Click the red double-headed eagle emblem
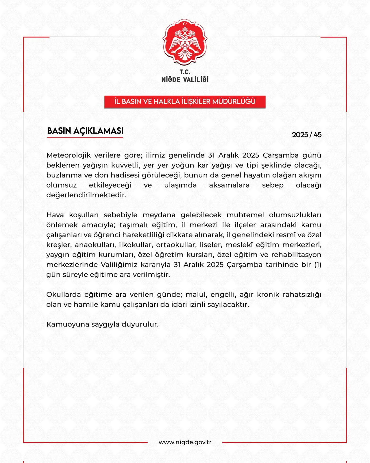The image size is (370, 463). (x=185, y=42)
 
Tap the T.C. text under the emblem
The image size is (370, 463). (x=185, y=72)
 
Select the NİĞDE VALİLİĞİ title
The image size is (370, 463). (x=185, y=80)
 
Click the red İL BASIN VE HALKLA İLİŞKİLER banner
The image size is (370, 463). (x=185, y=102)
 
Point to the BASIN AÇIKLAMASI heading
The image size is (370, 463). (x=85, y=131)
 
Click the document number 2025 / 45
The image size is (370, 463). (x=306, y=135)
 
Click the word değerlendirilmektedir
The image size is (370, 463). (x=86, y=195)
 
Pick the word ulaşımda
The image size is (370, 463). (x=180, y=185)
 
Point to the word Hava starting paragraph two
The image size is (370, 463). (x=55, y=215)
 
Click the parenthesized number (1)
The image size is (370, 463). (x=318, y=265)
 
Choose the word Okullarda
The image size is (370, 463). (x=63, y=295)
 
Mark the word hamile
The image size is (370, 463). (x=86, y=305)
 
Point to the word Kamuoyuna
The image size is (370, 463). (x=68, y=324)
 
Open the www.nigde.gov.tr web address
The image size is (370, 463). (x=185, y=442)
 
